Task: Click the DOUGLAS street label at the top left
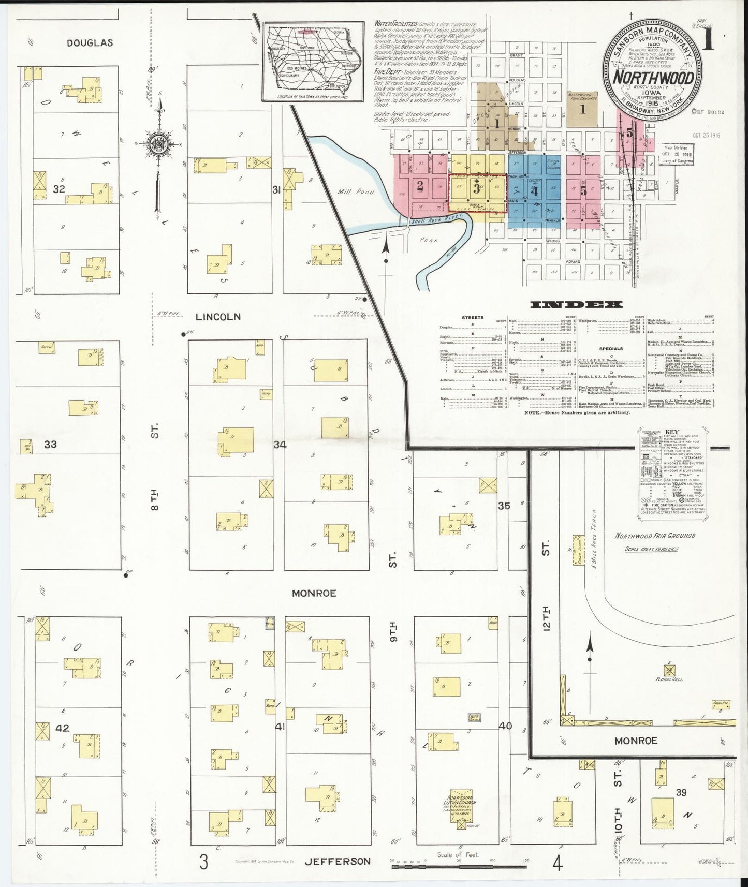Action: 90,43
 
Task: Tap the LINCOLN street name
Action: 218,316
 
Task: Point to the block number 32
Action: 59,189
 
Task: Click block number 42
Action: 62,728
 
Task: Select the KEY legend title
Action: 672,432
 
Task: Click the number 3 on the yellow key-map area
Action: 477,189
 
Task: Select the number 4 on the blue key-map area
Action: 535,191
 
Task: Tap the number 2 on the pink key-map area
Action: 420,185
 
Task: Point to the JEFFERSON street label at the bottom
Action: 338,862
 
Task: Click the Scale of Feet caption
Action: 458,855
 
